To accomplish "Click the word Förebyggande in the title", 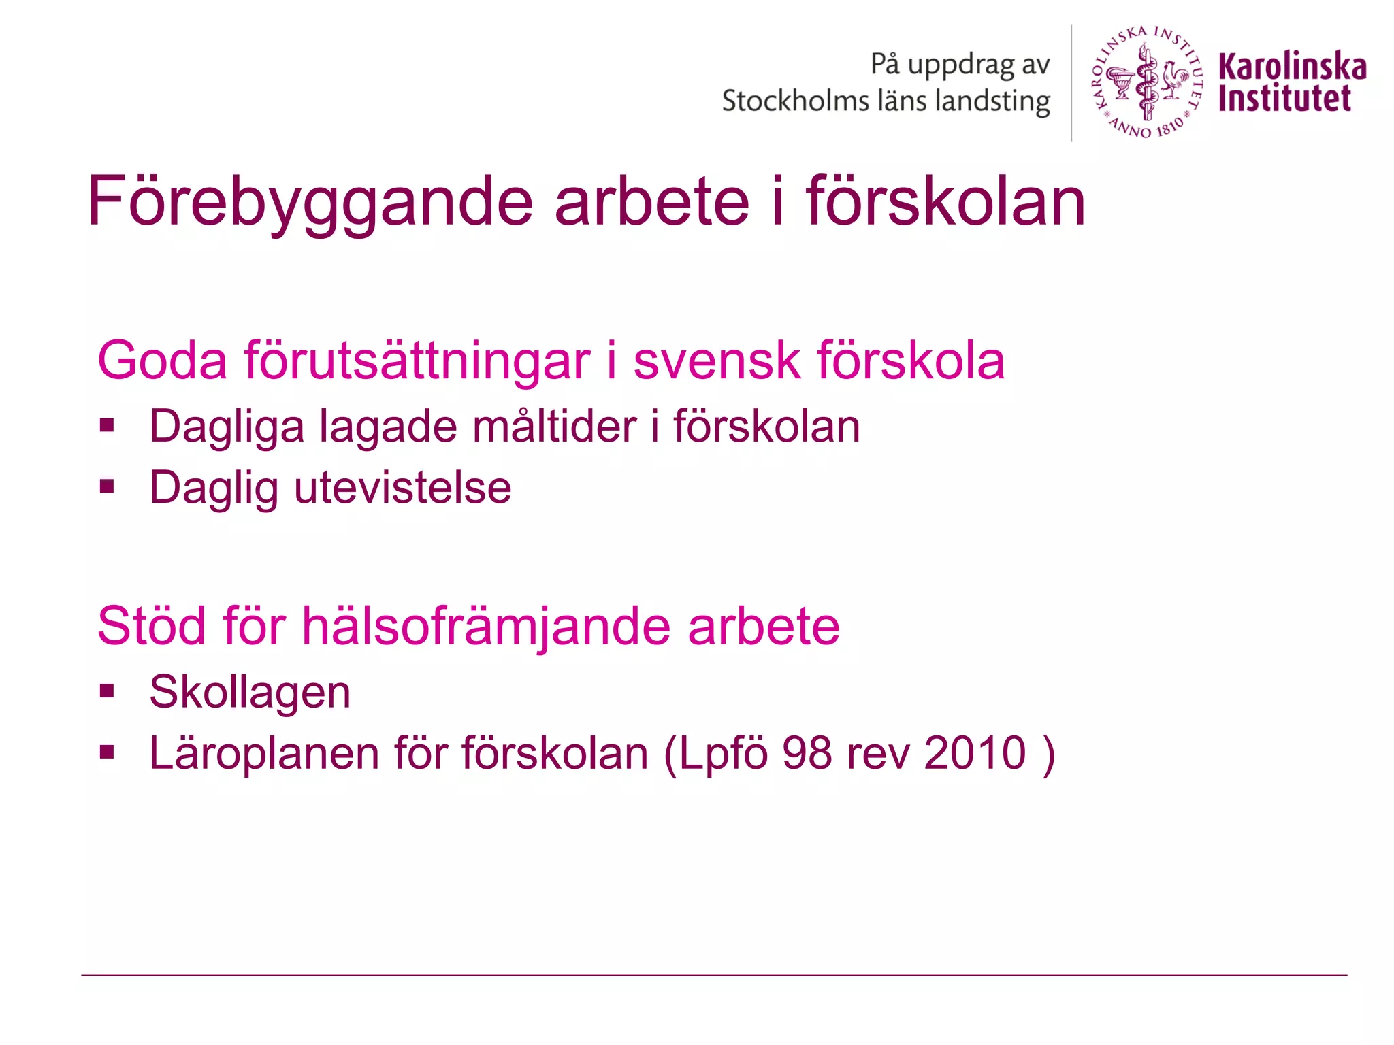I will (x=310, y=202).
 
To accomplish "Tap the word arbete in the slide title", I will (x=651, y=202).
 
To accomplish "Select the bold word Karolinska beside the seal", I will (x=1291, y=66).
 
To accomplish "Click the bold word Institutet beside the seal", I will (x=1284, y=99).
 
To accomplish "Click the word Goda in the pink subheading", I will (x=162, y=361).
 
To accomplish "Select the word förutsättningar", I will (x=417, y=361).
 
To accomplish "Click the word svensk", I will (x=716, y=361).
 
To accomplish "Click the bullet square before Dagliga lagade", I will (x=107, y=426).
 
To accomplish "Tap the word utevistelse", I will (x=402, y=488).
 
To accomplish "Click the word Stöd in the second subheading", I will (x=152, y=626).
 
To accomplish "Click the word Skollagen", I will (x=250, y=693).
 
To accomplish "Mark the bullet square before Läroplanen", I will (x=107, y=752).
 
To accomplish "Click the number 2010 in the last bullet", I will (x=975, y=753).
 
